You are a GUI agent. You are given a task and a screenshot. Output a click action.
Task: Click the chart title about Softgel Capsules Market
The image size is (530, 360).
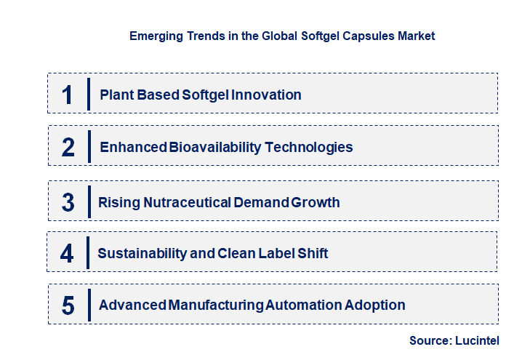[281, 36]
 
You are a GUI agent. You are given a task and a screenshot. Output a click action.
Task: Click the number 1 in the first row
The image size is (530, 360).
[68, 95]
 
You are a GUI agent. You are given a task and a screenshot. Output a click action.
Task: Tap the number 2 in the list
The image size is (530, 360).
[68, 147]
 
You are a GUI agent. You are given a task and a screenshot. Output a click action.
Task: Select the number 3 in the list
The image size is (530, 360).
[68, 202]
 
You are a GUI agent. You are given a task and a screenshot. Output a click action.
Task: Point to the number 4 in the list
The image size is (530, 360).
[68, 253]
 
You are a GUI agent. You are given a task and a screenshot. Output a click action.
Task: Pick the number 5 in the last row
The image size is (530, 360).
[68, 305]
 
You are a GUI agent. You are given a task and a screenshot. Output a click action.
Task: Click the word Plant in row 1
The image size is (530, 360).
[115, 95]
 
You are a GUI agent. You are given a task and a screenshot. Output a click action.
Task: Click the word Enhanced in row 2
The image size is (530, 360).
[133, 147]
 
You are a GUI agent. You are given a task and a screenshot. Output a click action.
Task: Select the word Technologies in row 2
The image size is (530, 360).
[308, 147]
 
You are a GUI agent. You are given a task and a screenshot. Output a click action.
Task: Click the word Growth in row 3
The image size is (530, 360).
[315, 202]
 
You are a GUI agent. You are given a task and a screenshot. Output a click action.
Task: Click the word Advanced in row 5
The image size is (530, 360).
[133, 305]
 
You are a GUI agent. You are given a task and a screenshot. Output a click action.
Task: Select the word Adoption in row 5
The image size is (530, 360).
[376, 305]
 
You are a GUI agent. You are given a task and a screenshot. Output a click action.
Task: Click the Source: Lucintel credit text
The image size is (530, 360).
[454, 340]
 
